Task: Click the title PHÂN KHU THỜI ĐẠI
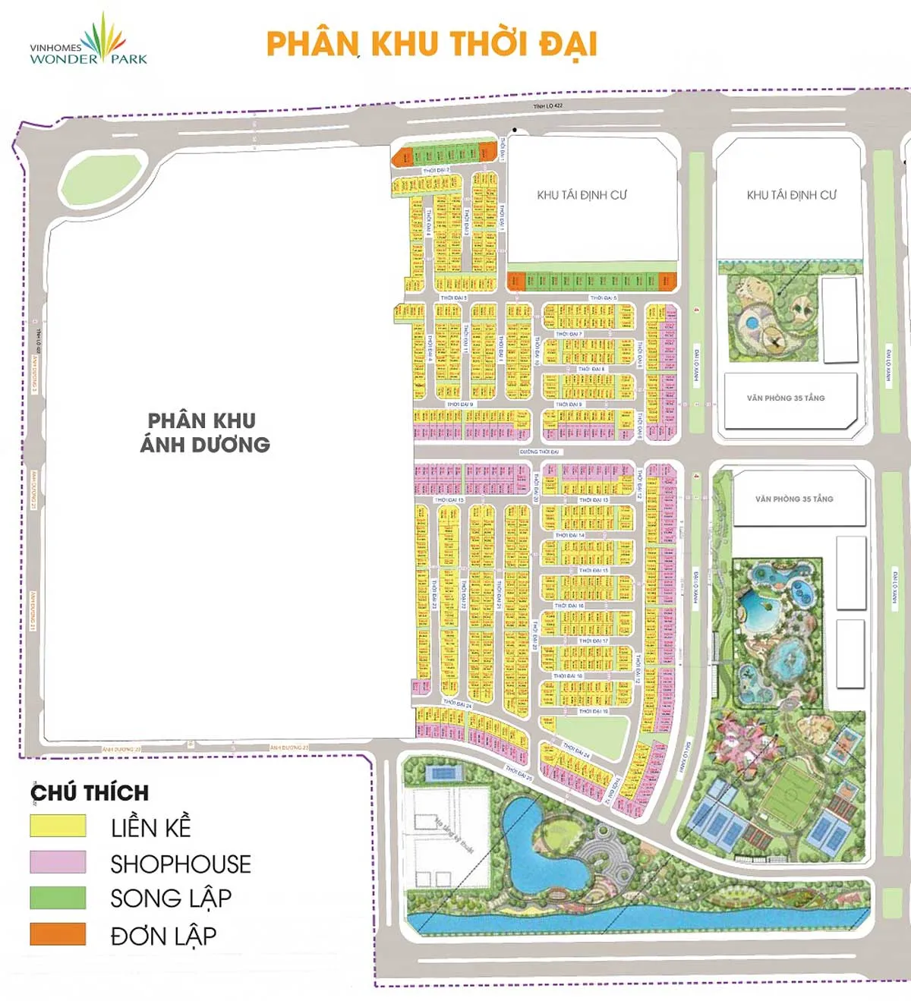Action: (431, 43)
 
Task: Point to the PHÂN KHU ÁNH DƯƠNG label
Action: (204, 433)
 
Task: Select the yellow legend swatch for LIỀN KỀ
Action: (58, 826)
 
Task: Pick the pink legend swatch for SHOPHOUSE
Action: (58, 862)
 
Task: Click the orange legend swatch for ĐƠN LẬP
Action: (58, 934)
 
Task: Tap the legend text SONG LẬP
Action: (171, 899)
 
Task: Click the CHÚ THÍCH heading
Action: (90, 793)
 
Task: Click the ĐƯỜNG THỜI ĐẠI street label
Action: (539, 452)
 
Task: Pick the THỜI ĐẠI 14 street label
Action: (569, 535)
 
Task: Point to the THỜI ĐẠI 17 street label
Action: (594, 641)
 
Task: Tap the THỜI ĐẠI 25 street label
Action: (519, 773)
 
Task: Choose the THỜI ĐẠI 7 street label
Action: (568, 334)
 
